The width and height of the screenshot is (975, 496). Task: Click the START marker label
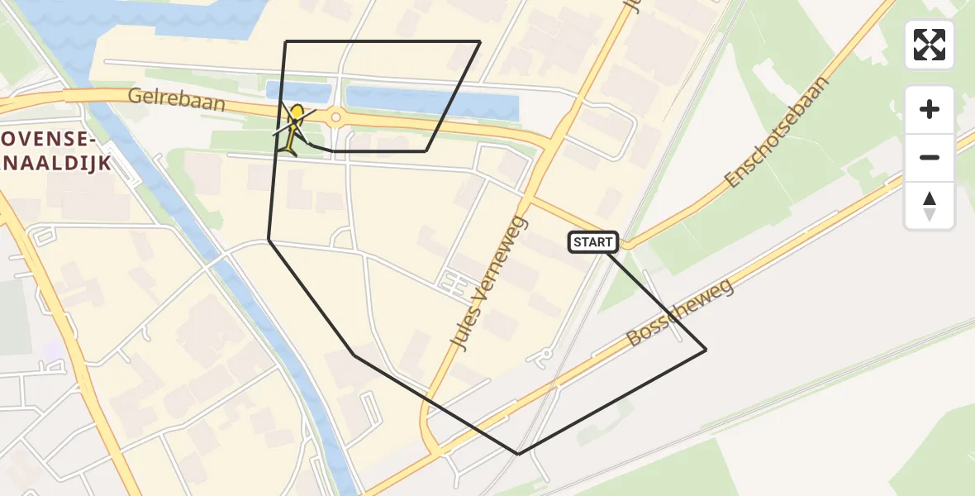(593, 241)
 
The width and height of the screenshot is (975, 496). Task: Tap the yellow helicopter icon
(293, 129)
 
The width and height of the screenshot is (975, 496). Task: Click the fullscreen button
(930, 45)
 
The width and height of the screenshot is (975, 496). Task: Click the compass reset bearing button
(930, 206)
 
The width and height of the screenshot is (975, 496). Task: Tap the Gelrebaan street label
(165, 97)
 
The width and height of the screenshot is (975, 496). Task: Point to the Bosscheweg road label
(680, 313)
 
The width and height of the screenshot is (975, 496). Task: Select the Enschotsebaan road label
(776, 133)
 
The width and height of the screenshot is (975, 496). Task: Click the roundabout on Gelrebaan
(335, 117)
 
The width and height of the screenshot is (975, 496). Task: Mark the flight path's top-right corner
(480, 41)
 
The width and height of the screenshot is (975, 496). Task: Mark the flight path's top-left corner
(285, 41)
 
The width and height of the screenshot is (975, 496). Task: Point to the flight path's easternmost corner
(706, 351)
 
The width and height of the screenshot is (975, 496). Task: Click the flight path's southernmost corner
(518, 454)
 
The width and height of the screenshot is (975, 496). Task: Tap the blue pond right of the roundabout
(430, 103)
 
